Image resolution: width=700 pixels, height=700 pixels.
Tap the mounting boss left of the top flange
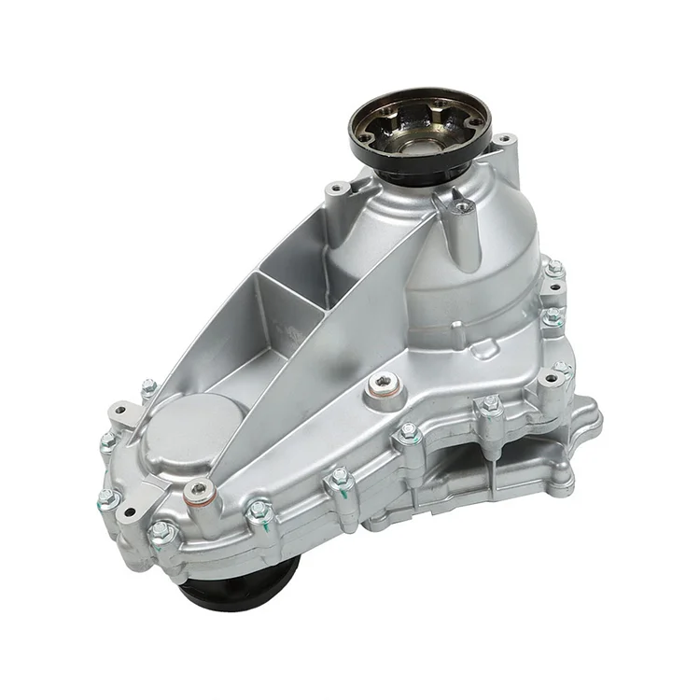pos(337,190)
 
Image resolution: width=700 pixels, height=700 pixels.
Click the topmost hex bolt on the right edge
pos(555,268)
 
